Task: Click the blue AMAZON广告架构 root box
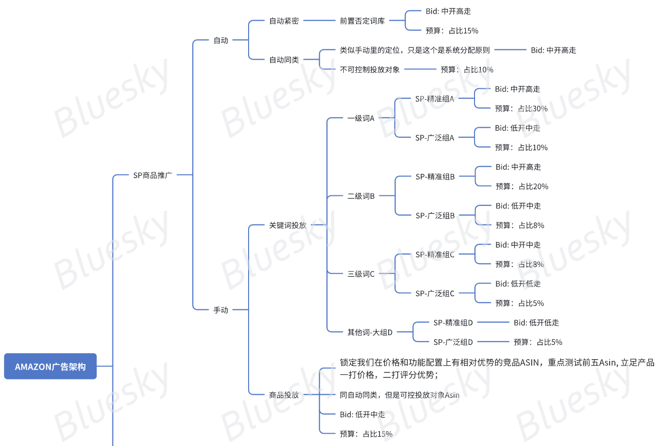(x=50, y=367)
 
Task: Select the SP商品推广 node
(x=152, y=175)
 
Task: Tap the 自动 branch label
(x=220, y=40)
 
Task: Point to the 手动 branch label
(x=220, y=310)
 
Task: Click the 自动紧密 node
(x=284, y=21)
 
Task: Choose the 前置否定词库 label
(x=362, y=21)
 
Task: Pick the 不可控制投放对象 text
(x=369, y=70)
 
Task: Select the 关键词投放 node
(x=288, y=225)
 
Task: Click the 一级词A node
(x=361, y=118)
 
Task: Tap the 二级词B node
(x=361, y=196)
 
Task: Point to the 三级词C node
(x=361, y=274)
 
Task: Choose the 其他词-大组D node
(x=369, y=332)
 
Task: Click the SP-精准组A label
(x=435, y=99)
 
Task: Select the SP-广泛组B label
(x=435, y=216)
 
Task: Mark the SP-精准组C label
(x=435, y=255)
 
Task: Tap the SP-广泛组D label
(x=453, y=342)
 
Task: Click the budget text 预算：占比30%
(x=521, y=109)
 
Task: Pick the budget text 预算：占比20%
(x=522, y=186)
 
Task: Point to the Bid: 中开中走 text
(x=518, y=245)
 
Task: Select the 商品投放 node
(x=284, y=395)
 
